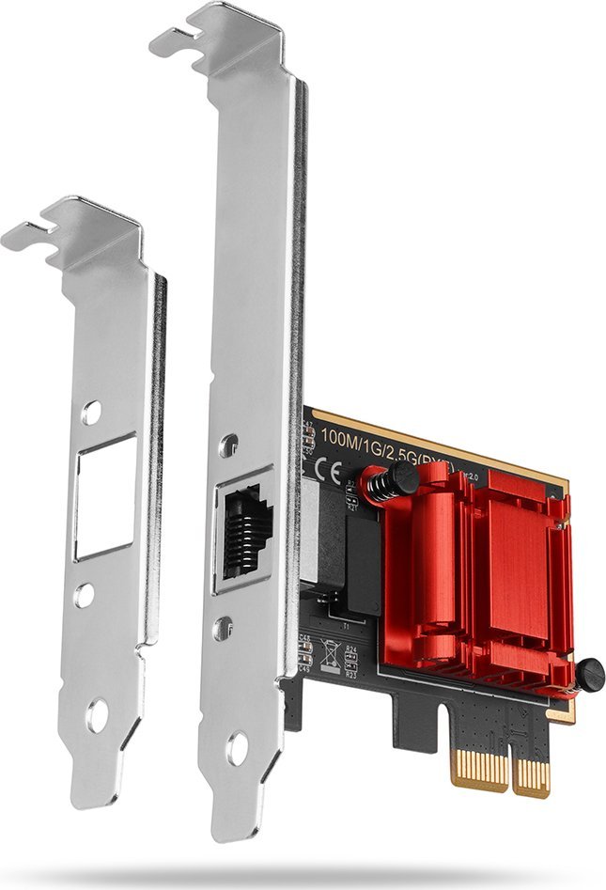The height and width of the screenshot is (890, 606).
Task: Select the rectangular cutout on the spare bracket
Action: tap(104, 496)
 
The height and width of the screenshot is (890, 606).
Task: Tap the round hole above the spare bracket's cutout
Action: tap(91, 413)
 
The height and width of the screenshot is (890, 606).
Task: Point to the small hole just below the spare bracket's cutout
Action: tap(85, 594)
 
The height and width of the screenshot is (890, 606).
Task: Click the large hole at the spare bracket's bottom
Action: tap(97, 716)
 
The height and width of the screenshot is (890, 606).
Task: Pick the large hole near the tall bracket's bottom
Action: tap(236, 748)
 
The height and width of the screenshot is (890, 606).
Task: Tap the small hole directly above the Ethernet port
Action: tap(228, 446)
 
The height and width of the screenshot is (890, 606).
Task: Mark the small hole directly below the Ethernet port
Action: tap(223, 627)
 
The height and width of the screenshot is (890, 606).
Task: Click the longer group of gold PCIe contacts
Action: tap(480, 768)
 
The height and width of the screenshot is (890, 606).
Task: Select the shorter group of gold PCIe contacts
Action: tap(533, 776)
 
